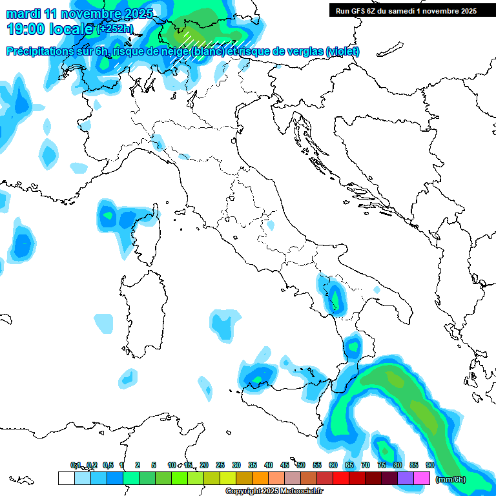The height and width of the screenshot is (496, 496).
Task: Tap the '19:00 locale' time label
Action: click(x=50, y=28)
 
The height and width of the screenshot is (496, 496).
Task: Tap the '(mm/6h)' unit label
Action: click(x=450, y=479)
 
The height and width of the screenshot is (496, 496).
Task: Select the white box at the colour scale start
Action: click(x=66, y=479)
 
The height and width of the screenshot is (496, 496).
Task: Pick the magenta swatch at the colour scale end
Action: click(x=422, y=479)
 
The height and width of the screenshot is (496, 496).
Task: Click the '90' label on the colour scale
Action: click(x=430, y=465)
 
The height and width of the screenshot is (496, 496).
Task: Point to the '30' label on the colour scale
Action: click(x=236, y=465)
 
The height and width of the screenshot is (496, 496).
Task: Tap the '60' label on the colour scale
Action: click(x=333, y=465)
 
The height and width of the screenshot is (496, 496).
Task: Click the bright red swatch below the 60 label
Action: click(x=341, y=479)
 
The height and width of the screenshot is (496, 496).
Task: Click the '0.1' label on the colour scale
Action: click(x=76, y=465)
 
